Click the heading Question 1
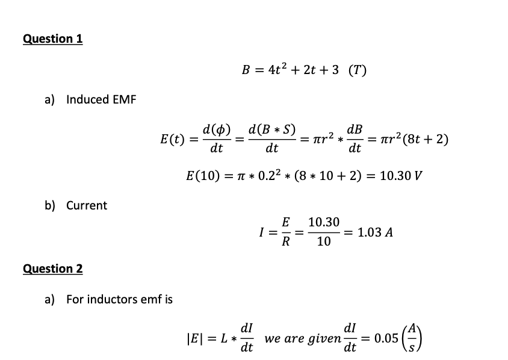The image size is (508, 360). pos(53,39)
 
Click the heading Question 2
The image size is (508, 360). pos(53,269)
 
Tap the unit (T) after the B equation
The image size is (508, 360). pos(358,70)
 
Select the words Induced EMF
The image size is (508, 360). pos(101,99)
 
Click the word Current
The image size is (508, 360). pos(87,205)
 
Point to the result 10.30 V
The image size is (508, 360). pos(401,176)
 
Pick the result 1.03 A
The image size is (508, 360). pos(375,232)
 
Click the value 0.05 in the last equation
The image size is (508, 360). pos(386,338)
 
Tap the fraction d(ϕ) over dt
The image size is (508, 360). pos(217,138)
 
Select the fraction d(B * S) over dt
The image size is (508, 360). pos(272,138)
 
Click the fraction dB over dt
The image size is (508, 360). pos(355,138)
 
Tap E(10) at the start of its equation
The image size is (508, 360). pos(203,176)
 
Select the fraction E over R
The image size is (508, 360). pos(285,232)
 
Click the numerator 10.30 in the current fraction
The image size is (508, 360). pos(324,222)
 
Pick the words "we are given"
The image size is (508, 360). pos(303,339)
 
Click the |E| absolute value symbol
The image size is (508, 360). pos(193,338)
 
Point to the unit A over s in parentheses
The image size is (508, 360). pos(412,338)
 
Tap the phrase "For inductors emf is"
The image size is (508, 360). pos(119,299)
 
